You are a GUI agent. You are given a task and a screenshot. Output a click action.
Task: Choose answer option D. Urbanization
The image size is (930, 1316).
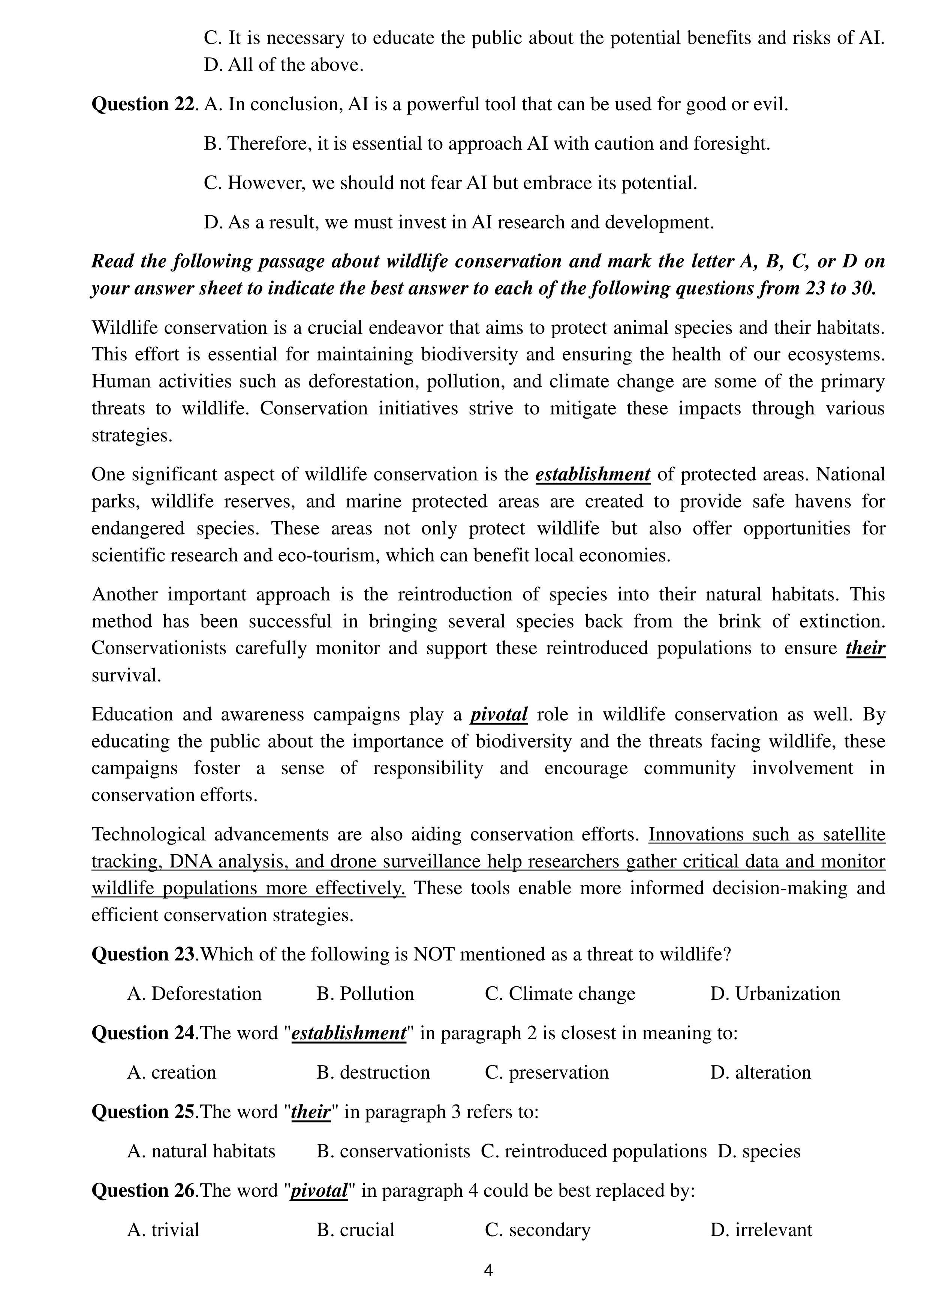coord(775,993)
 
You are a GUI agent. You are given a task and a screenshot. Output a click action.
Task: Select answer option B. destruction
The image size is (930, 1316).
coord(373,1072)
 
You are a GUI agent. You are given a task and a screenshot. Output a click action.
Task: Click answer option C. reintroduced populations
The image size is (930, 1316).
coord(594,1151)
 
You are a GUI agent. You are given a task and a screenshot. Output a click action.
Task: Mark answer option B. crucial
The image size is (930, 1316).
coord(355,1230)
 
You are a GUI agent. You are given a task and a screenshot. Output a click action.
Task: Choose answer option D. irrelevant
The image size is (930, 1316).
coord(761,1230)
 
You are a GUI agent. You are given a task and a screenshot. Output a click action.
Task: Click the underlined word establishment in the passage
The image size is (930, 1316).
coord(593,474)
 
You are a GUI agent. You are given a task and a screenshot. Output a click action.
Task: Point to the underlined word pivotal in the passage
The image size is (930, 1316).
coord(499,715)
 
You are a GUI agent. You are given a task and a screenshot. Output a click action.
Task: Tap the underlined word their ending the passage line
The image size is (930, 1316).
coord(865,648)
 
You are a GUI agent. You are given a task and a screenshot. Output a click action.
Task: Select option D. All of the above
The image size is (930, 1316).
coord(284,65)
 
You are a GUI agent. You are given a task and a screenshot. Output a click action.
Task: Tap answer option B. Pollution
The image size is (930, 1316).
coord(365,993)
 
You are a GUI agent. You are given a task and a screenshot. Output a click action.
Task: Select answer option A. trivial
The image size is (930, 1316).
coord(163,1230)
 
